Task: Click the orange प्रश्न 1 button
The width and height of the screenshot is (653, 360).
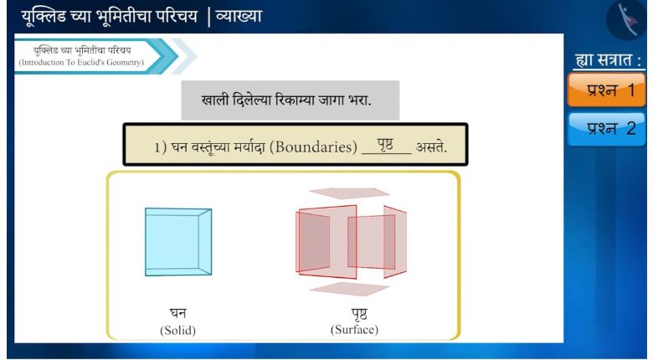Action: [x=606, y=90]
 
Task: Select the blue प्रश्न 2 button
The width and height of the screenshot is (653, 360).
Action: [x=606, y=128]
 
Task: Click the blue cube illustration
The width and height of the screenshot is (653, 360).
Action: [x=178, y=242]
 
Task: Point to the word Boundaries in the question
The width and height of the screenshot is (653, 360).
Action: [x=314, y=147]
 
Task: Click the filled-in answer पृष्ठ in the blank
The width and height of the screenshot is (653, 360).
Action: [x=386, y=145]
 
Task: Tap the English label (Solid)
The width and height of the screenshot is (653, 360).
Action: [x=177, y=330]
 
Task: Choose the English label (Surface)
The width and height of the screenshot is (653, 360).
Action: [x=354, y=330]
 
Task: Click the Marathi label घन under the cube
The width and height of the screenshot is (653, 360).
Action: [x=177, y=312]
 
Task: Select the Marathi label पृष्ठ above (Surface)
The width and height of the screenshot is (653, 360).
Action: [x=358, y=314]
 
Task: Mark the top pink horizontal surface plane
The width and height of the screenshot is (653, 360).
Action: [x=349, y=193]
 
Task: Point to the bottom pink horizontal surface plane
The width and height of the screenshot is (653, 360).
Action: [x=349, y=289]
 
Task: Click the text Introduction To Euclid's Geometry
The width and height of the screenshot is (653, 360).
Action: [x=81, y=63]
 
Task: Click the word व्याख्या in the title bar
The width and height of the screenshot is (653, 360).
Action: [x=239, y=17]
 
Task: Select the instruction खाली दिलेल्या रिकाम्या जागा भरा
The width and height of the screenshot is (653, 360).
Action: [x=286, y=100]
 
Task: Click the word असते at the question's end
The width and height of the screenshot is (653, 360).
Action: [x=431, y=147]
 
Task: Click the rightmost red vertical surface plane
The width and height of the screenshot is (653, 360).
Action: [x=395, y=242]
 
